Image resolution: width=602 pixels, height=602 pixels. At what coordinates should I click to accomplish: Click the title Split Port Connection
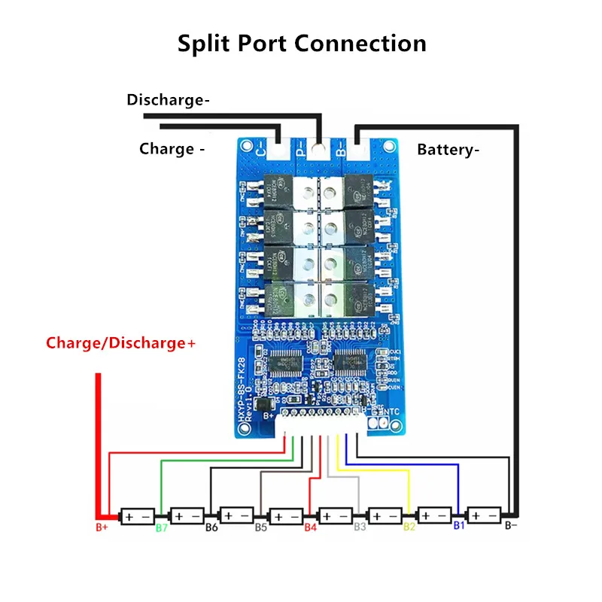point(302,42)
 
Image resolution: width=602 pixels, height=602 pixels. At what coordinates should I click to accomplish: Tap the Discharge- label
point(168,99)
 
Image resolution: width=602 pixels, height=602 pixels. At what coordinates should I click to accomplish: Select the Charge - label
point(172,149)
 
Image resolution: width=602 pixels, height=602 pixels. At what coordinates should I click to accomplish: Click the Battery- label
point(448,149)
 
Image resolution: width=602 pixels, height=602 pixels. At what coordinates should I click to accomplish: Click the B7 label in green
point(161,528)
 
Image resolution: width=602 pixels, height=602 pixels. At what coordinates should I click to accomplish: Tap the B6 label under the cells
point(211,528)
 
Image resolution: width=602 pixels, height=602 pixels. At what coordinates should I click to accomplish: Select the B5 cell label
point(260,528)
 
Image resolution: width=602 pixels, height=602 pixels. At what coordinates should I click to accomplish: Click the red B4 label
point(310,528)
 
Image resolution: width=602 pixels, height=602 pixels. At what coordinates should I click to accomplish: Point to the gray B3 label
point(360,528)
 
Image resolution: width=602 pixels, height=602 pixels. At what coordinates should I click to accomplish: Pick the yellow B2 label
point(409,528)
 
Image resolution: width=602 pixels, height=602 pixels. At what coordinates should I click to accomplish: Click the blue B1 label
point(458,527)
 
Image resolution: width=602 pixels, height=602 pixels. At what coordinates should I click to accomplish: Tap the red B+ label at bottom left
point(102,528)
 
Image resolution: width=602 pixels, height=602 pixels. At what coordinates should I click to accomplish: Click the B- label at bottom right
point(510,527)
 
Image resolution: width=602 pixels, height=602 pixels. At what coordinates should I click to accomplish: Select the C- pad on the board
point(263,151)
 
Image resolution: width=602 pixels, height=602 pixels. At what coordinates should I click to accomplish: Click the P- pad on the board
point(301,151)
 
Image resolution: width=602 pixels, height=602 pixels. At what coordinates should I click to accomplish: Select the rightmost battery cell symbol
point(485,516)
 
